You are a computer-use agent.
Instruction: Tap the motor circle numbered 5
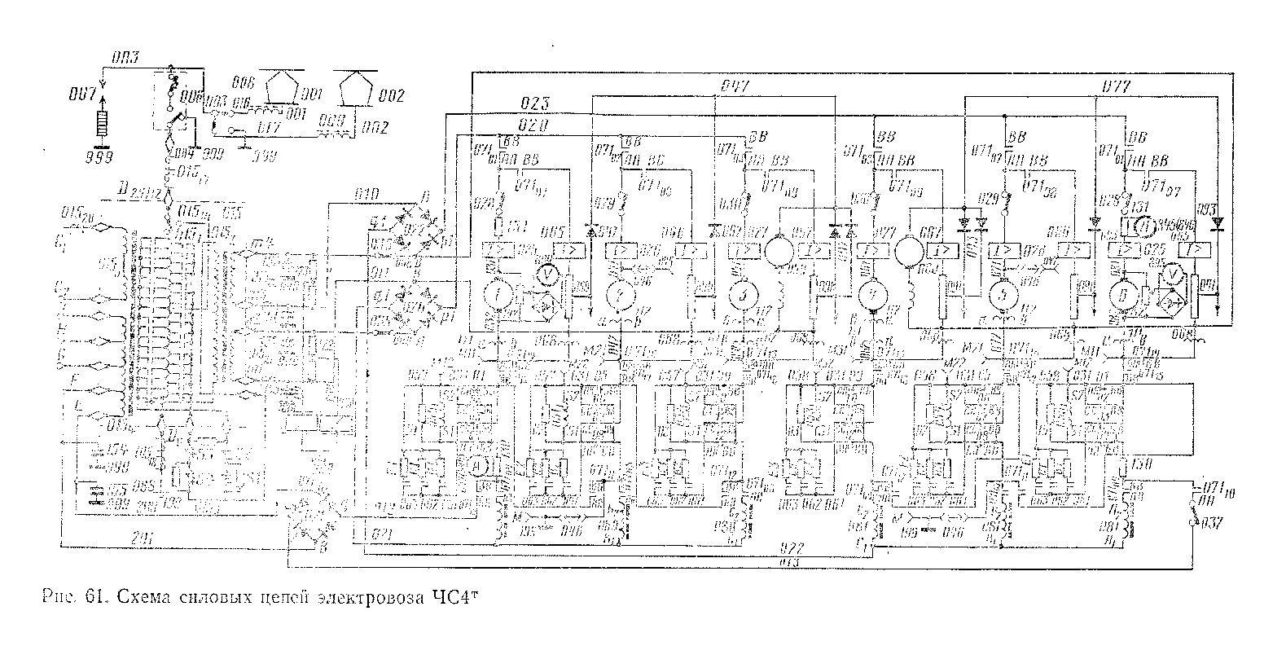(999, 294)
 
